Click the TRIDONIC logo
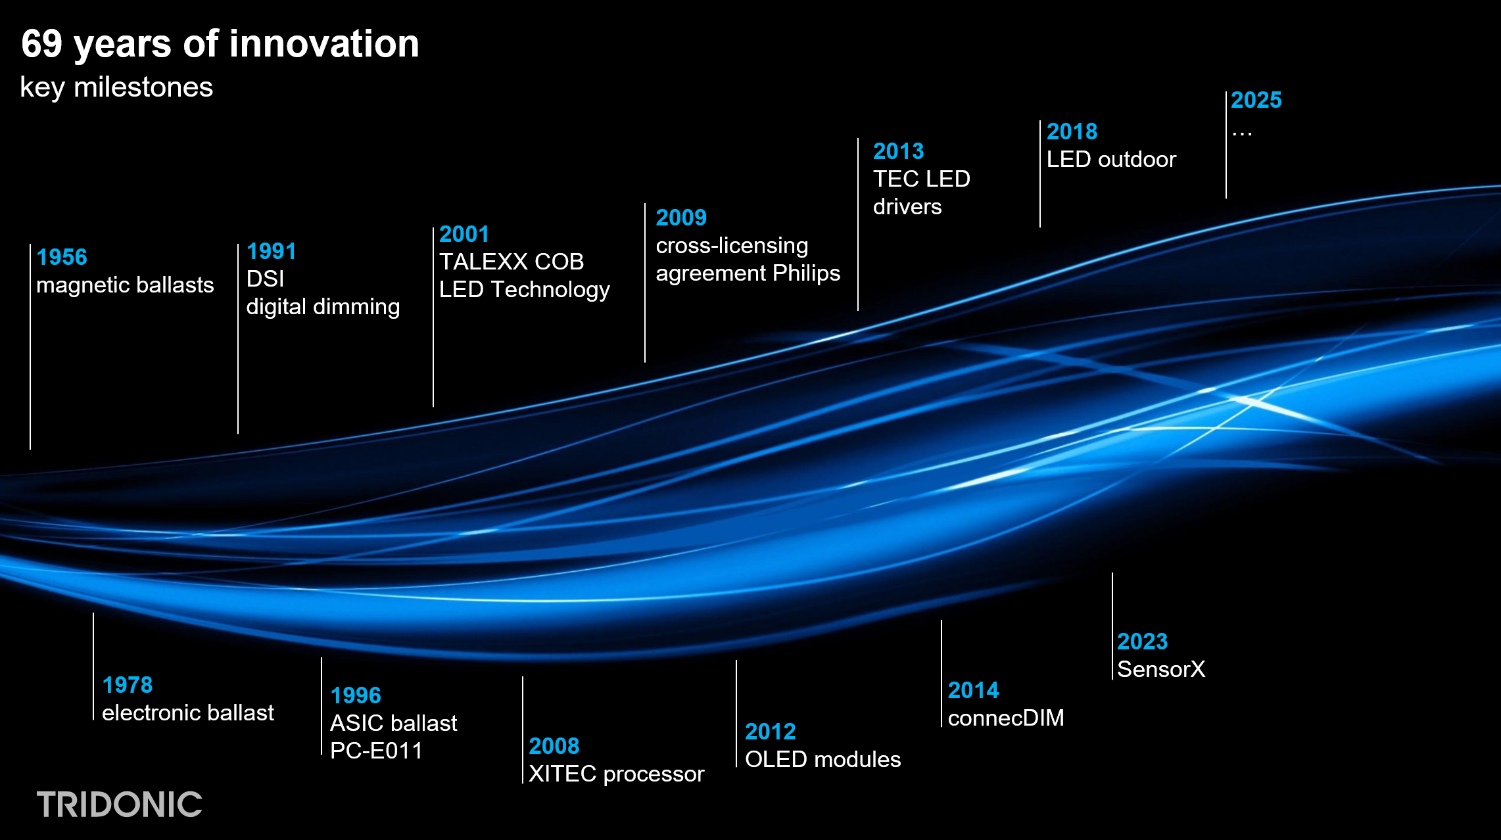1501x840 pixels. tap(119, 805)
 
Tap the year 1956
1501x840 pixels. tap(62, 257)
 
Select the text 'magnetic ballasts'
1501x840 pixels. tap(125, 285)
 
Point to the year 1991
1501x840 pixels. tap(272, 251)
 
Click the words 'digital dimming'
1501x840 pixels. tap(323, 307)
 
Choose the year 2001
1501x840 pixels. tap(464, 234)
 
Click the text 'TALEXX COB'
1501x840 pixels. tap(512, 262)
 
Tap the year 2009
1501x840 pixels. tap(681, 218)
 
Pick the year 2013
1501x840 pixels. tap(899, 151)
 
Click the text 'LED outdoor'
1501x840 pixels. tap(1111, 159)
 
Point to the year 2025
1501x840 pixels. tap(1256, 100)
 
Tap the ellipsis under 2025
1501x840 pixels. tap(1242, 134)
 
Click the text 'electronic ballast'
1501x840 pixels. tap(188, 712)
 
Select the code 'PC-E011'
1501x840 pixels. tap(376, 751)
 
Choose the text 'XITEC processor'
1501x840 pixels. tap(617, 774)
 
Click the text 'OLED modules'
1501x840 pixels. tap(823, 759)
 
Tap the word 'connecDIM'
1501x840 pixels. tap(1006, 718)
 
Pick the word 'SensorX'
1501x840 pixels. tap(1161, 669)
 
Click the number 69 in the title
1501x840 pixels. tap(41, 44)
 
